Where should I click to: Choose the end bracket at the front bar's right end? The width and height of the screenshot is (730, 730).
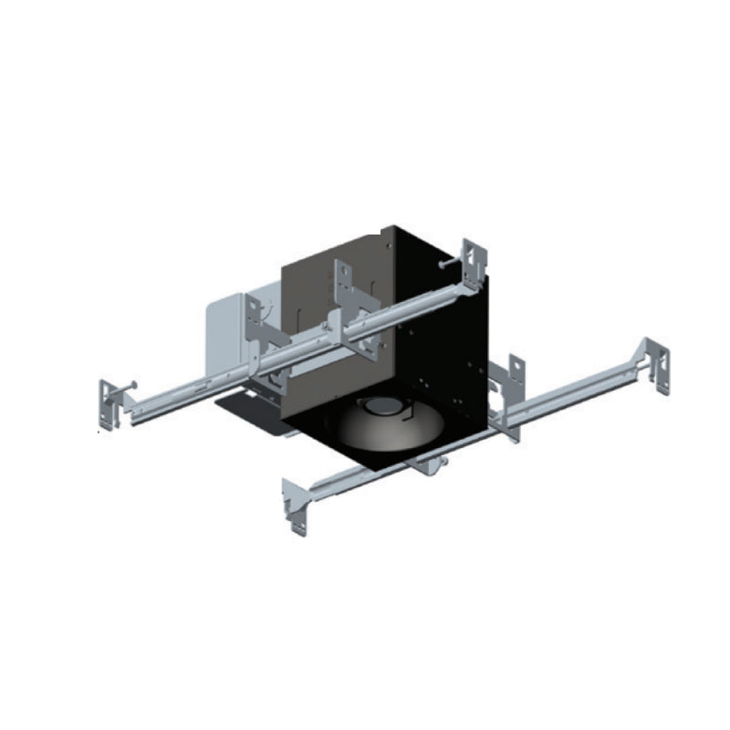[x=656, y=365]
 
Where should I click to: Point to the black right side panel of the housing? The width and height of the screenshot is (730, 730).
[x=447, y=365]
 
